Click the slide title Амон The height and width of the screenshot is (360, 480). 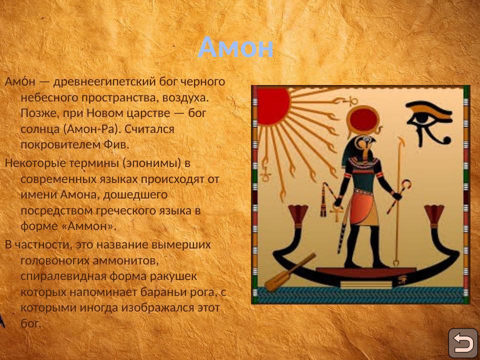(235, 48)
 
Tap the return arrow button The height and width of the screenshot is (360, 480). (462, 343)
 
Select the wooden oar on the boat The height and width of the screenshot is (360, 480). (290, 272)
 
